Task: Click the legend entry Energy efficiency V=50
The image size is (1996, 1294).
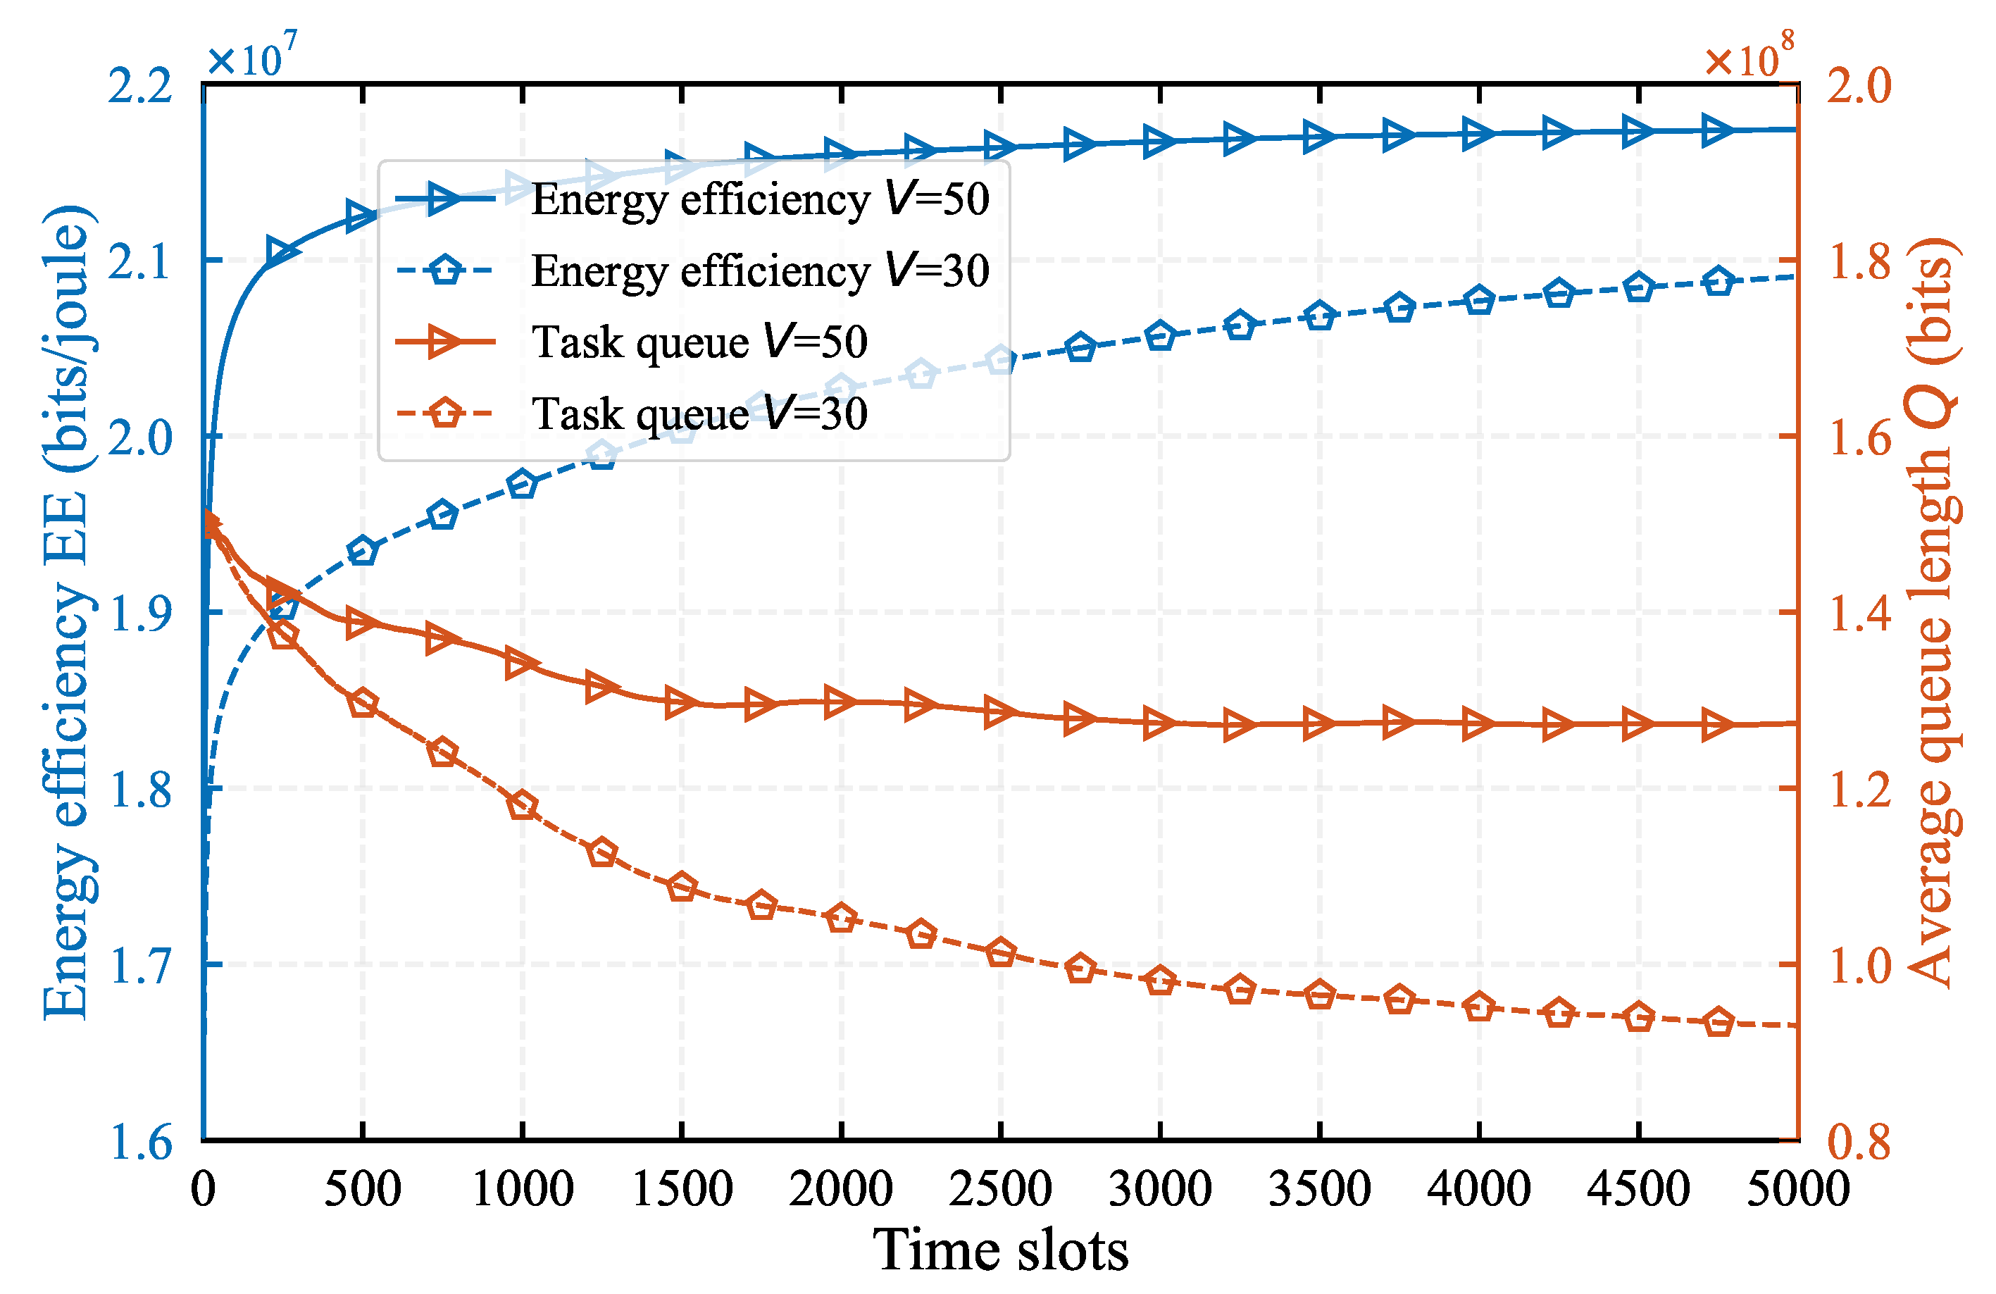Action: pos(759,199)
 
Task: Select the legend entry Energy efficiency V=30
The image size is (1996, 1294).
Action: pos(759,271)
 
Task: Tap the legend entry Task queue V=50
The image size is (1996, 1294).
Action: pos(699,342)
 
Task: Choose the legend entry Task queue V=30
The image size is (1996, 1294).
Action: pos(699,413)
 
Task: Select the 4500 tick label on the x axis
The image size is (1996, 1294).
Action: pos(1638,1188)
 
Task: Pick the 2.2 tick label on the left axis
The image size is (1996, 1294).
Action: pos(140,85)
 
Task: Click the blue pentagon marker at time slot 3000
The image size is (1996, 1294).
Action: pos(1161,336)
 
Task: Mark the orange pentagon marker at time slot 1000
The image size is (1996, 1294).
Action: pos(523,806)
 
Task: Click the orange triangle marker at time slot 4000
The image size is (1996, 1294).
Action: pos(1478,723)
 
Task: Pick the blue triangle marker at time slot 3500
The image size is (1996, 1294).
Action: pos(1319,137)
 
